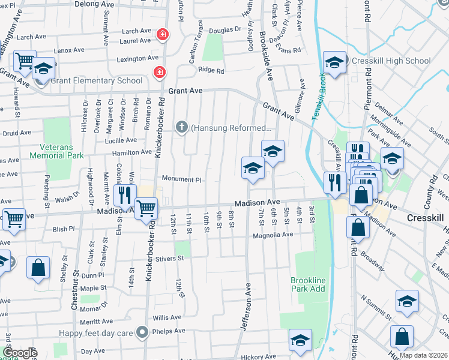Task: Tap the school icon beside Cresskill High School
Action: click(x=334, y=62)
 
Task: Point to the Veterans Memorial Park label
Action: click(x=61, y=151)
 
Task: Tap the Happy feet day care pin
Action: click(x=142, y=332)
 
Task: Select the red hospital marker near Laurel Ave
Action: click(x=161, y=36)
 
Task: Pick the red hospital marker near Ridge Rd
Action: click(x=159, y=73)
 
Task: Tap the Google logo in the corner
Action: click(x=19, y=353)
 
